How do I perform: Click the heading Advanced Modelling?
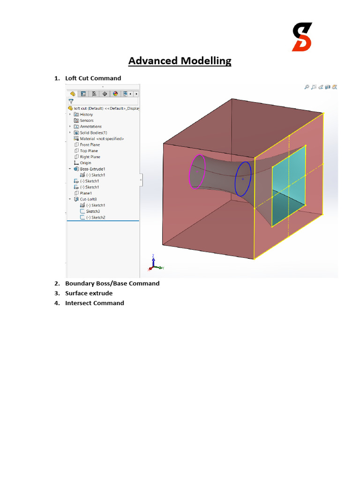[x=180, y=61]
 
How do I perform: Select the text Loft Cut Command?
[x=93, y=78]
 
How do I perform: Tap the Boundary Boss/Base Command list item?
[x=112, y=284]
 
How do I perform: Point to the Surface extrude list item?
[x=89, y=293]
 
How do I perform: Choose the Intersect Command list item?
[x=94, y=303]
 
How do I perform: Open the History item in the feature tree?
[x=86, y=114]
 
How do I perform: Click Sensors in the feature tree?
[x=86, y=120]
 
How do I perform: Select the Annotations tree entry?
[x=90, y=127]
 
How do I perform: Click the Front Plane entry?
[x=90, y=145]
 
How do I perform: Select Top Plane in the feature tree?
[x=89, y=151]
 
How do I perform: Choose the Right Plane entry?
[x=90, y=157]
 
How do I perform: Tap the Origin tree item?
[x=85, y=163]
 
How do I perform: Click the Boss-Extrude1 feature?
[x=92, y=169]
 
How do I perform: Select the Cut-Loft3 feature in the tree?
[x=89, y=199]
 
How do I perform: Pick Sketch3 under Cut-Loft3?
[x=92, y=211]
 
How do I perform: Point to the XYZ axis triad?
[x=154, y=265]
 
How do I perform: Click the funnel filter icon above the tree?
[x=71, y=101]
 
